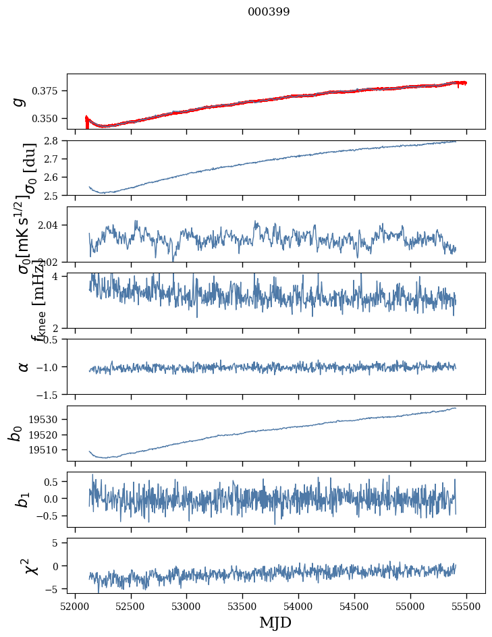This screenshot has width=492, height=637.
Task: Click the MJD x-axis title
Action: (x=275, y=622)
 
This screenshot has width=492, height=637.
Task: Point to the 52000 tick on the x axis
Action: (x=75, y=606)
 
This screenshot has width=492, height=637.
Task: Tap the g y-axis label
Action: (x=20, y=101)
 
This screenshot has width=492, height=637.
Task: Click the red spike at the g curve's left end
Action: (x=86, y=121)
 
